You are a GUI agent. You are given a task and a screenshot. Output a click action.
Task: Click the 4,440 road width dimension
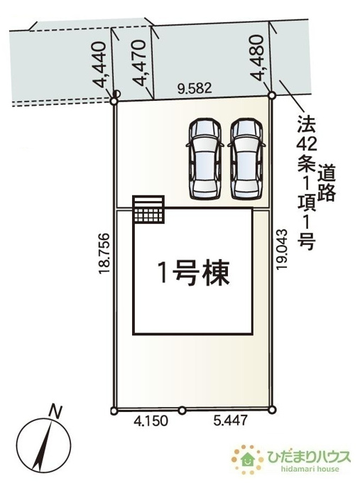tap(100, 65)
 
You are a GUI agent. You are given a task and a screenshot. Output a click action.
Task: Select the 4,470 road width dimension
tap(139, 63)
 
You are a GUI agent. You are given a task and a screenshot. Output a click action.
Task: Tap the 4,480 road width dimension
tap(257, 58)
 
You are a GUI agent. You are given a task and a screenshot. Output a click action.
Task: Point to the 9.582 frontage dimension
tap(195, 88)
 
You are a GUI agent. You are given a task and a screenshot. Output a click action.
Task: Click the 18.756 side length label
tap(104, 254)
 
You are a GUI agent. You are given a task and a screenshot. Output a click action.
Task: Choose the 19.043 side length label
tap(282, 249)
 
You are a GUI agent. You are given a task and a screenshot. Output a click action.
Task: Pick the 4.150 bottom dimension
tap(151, 420)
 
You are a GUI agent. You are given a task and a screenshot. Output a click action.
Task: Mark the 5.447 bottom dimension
tap(230, 420)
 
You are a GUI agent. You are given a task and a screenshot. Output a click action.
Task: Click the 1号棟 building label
tap(193, 273)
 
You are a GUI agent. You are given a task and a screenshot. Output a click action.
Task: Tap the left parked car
tap(204, 159)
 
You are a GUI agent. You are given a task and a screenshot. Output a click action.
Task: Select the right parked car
tap(246, 159)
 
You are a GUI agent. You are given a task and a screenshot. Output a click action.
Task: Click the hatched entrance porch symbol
tap(148, 209)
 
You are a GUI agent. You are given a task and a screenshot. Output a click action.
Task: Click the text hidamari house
tap(310, 470)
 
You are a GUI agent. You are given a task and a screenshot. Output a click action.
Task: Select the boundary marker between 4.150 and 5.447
tap(182, 411)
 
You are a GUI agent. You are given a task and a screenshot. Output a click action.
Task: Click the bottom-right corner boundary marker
tap(272, 410)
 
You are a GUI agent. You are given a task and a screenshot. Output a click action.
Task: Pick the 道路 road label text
tap(327, 183)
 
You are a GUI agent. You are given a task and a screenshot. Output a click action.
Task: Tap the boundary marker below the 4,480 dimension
tap(272, 95)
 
